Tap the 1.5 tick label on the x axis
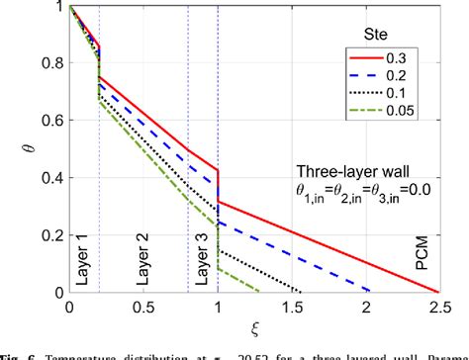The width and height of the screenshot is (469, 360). coord(295,308)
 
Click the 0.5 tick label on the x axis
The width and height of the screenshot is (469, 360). coord(143,308)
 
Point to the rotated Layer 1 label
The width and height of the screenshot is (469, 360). coord(83,264)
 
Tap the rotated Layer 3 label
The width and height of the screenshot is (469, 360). coord(203,264)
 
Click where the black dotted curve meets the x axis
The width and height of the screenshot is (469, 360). coord(302,293)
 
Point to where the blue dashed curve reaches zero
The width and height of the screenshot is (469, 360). coord(372,293)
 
